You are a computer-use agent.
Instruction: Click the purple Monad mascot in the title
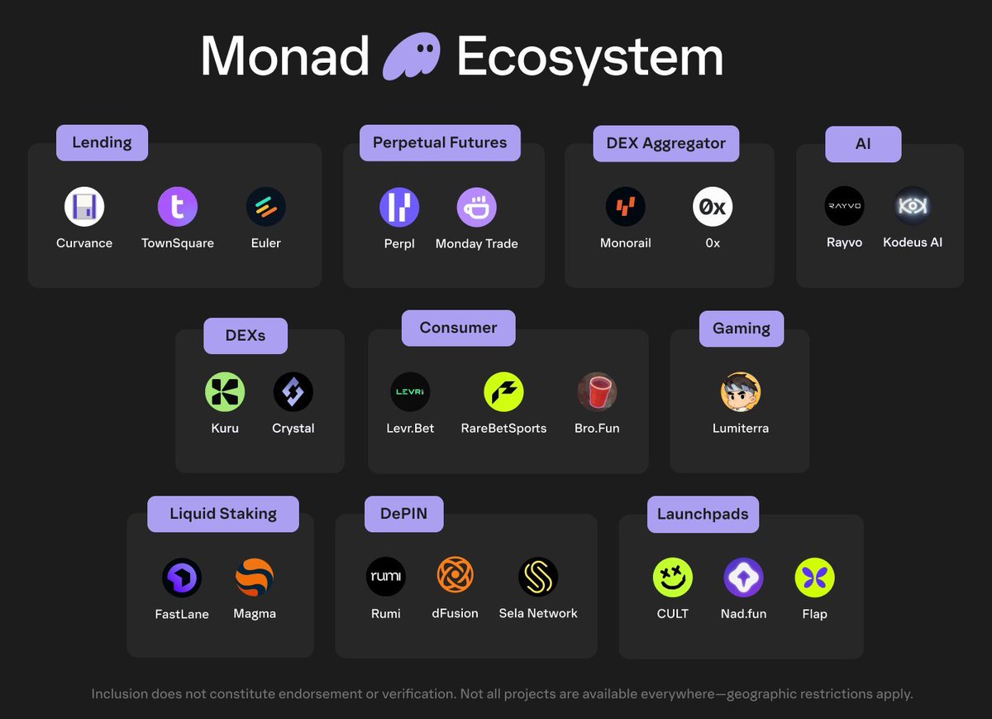[413, 56]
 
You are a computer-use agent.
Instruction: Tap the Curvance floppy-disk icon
[84, 206]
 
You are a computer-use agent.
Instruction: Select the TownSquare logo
[178, 206]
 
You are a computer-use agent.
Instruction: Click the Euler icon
[266, 206]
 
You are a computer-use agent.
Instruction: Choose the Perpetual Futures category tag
[440, 142]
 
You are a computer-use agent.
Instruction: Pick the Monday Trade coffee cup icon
[477, 207]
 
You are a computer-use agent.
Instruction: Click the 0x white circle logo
[713, 207]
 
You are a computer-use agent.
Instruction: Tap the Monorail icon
[626, 207]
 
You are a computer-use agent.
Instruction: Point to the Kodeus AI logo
[913, 206]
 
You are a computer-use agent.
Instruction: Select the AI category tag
[863, 143]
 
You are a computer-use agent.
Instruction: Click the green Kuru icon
[225, 391]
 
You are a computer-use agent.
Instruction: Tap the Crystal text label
[293, 429]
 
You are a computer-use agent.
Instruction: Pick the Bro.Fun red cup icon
[597, 391]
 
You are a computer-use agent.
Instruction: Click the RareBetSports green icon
[503, 391]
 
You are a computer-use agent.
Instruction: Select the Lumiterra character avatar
[740, 391]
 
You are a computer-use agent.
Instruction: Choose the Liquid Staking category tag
[223, 514]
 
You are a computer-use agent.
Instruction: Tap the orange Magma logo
[255, 578]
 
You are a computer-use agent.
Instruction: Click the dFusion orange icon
[455, 577]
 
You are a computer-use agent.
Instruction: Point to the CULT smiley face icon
[673, 578]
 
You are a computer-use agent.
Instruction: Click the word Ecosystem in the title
[589, 56]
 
